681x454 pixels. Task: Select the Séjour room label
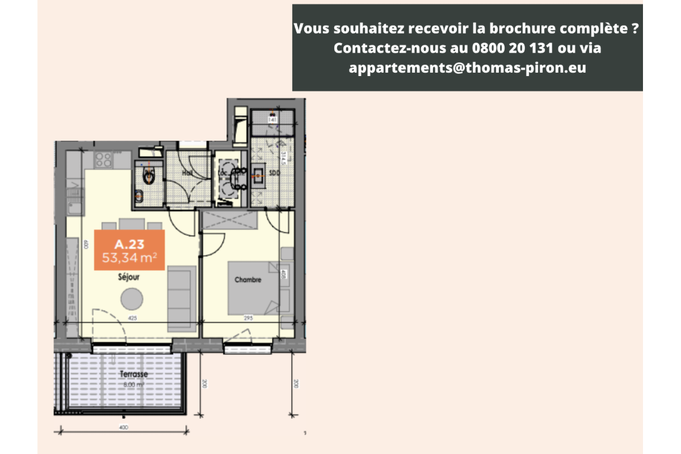(x=129, y=278)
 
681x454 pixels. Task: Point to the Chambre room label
(x=248, y=280)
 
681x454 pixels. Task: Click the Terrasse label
(x=133, y=375)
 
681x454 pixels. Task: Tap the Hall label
(x=187, y=173)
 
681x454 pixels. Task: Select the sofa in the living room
(x=181, y=300)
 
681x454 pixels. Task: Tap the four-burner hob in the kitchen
(x=103, y=159)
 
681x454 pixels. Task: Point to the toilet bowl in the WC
(x=149, y=176)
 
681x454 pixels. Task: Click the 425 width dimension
(x=133, y=318)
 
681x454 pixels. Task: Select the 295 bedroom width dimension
(x=247, y=318)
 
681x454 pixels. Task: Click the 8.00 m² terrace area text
(x=133, y=384)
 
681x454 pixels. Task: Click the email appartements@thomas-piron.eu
(x=468, y=68)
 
